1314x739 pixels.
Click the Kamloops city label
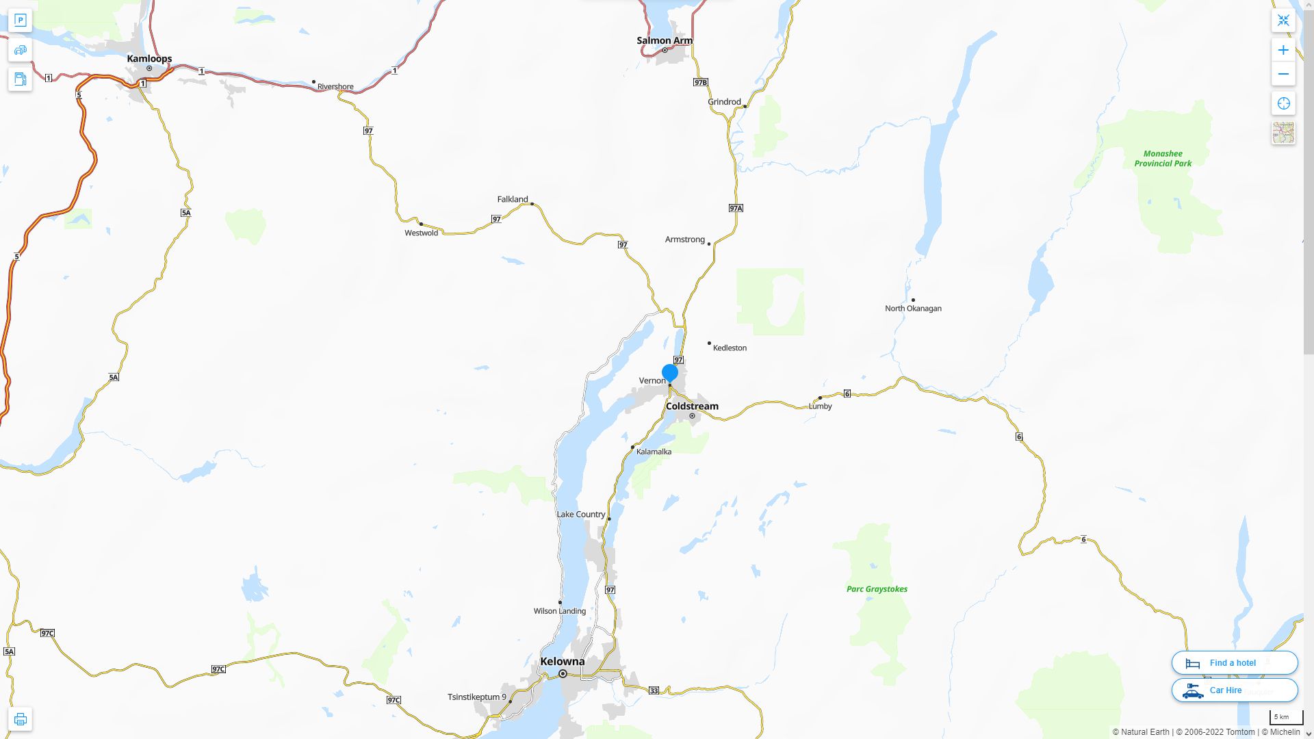pos(149,59)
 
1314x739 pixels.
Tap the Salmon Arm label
pos(664,40)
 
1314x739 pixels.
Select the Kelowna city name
pos(562,661)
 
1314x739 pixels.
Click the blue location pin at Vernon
pos(670,373)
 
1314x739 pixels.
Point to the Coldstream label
pos(692,406)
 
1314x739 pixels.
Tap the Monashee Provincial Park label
pos(1163,159)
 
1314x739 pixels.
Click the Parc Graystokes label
pos(877,589)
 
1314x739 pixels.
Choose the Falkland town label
pos(513,199)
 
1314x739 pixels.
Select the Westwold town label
pos(421,233)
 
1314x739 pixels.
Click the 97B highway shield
pos(700,82)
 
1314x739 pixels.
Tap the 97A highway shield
pos(736,208)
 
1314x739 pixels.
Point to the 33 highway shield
pos(654,690)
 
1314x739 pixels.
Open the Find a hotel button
pos(1234,662)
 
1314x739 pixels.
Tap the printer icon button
pos(20,718)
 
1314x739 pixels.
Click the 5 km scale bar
pos(1285,717)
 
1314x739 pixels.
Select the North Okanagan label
pos(913,309)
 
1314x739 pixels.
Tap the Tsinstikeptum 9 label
pos(476,697)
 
